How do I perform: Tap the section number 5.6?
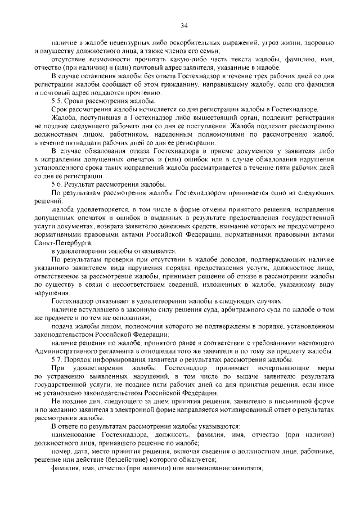(57, 184)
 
